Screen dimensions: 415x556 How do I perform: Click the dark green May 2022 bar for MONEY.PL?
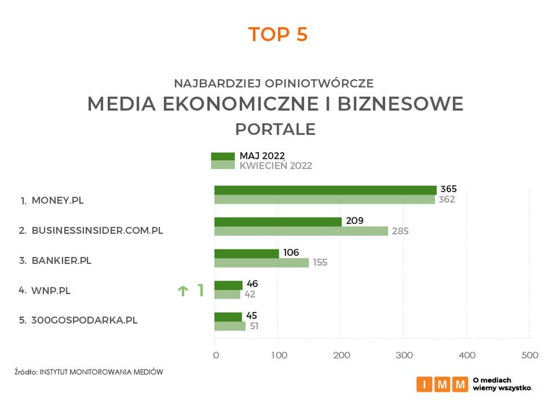coord(325,190)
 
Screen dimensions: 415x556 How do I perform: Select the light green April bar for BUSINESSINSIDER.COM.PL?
coord(301,231)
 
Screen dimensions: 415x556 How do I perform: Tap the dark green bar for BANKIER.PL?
coord(246,254)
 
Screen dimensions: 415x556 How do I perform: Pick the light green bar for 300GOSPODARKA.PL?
coord(230,326)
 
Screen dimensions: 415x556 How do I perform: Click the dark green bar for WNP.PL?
coord(228,285)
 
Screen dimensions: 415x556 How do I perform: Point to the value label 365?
coord(448,189)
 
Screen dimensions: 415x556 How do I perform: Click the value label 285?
coord(400,231)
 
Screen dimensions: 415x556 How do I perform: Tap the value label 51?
coord(254,326)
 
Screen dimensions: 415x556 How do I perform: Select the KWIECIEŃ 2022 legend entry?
coord(276,166)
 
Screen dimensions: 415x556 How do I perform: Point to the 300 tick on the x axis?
coord(404,355)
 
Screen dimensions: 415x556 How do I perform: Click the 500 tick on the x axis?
coord(529,355)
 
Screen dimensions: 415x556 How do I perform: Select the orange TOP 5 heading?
coord(278,35)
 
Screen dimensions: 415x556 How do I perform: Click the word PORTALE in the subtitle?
coord(276,129)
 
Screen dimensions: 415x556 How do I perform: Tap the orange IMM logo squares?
coord(442,384)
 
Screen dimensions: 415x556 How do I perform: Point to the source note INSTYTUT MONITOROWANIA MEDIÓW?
coord(101,372)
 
